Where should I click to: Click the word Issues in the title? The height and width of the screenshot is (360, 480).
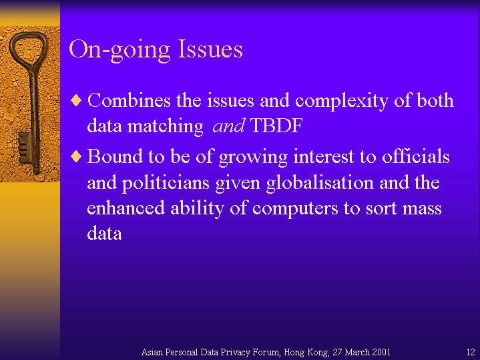(x=210, y=49)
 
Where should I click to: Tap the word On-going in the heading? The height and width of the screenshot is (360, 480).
(x=119, y=51)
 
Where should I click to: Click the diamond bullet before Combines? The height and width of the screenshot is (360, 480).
(x=76, y=100)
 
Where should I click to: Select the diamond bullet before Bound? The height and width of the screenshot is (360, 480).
(x=76, y=156)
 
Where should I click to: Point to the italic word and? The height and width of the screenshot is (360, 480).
(x=229, y=126)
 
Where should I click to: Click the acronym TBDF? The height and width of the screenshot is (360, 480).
(x=276, y=126)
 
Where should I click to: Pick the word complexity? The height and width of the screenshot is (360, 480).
(x=342, y=102)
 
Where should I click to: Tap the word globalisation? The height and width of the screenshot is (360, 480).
(x=320, y=183)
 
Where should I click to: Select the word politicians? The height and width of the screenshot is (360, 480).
(x=166, y=184)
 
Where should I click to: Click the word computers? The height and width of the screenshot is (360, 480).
(x=295, y=209)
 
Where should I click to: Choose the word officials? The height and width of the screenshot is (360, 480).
(x=416, y=156)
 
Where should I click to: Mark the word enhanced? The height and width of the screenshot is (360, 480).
(x=126, y=208)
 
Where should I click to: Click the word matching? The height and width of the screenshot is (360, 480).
(x=166, y=127)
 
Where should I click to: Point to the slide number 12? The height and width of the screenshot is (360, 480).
(x=471, y=352)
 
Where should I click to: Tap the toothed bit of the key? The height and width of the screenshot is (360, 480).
(x=25, y=148)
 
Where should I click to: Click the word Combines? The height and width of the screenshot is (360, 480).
(x=129, y=100)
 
